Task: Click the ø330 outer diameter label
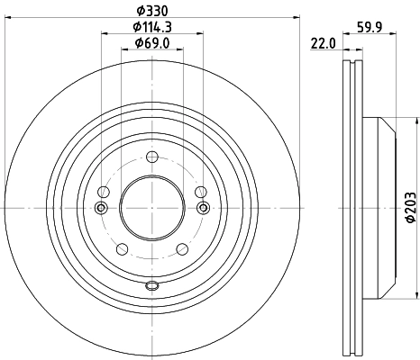(x=151, y=10)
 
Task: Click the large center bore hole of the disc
(x=151, y=208)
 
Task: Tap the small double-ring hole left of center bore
(x=100, y=209)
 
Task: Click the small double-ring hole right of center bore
(x=203, y=209)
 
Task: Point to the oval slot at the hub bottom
(x=151, y=286)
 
